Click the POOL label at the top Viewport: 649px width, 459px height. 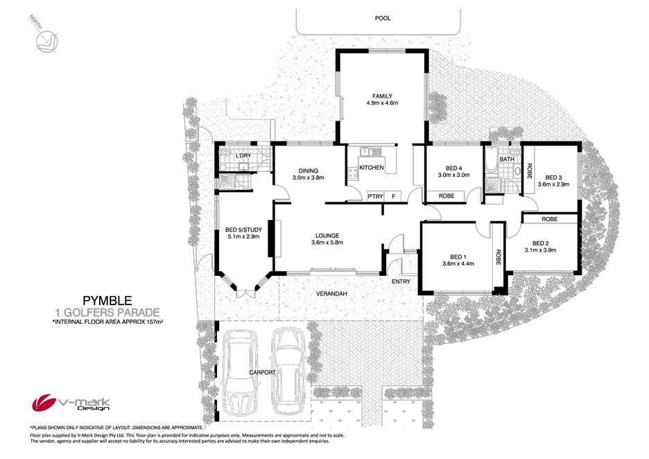click(382, 18)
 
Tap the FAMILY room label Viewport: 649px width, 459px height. click(382, 96)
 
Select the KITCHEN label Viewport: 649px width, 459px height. click(371, 168)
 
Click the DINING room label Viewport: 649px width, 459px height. click(309, 171)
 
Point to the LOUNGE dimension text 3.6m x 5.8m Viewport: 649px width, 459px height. click(327, 243)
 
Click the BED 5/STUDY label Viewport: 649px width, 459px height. click(243, 230)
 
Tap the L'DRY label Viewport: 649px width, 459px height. click(243, 155)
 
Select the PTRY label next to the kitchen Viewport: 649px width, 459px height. click(375, 196)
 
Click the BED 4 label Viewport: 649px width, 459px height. click(453, 168)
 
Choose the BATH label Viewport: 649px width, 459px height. click(507, 159)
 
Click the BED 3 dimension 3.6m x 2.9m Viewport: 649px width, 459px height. click(553, 184)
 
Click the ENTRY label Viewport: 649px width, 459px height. click(401, 282)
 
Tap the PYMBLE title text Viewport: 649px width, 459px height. click(107, 300)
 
